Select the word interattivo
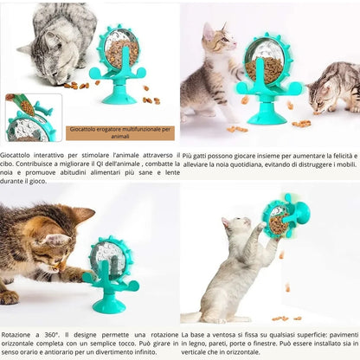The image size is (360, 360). (54, 156)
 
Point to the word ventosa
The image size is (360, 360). (221, 333)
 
